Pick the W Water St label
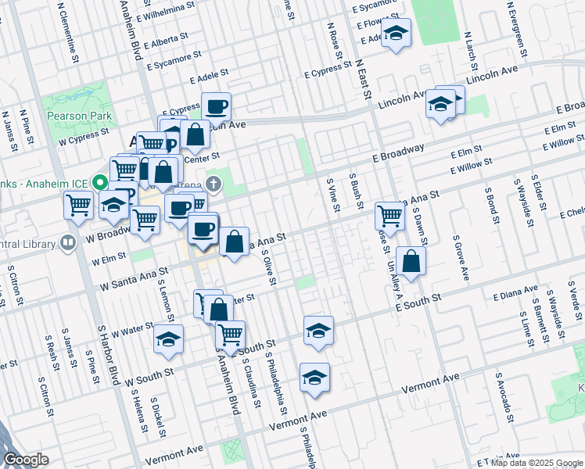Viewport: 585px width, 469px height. coord(131,329)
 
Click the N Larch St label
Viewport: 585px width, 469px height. coord(471,47)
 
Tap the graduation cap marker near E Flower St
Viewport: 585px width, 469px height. coord(397,34)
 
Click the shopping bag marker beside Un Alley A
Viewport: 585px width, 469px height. coord(411,261)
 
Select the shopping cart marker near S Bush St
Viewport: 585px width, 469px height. coord(389,216)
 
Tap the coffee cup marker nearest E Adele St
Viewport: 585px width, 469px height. coord(216,106)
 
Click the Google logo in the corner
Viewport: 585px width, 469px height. coord(26,460)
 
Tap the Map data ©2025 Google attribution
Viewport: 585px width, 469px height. coord(537,463)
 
